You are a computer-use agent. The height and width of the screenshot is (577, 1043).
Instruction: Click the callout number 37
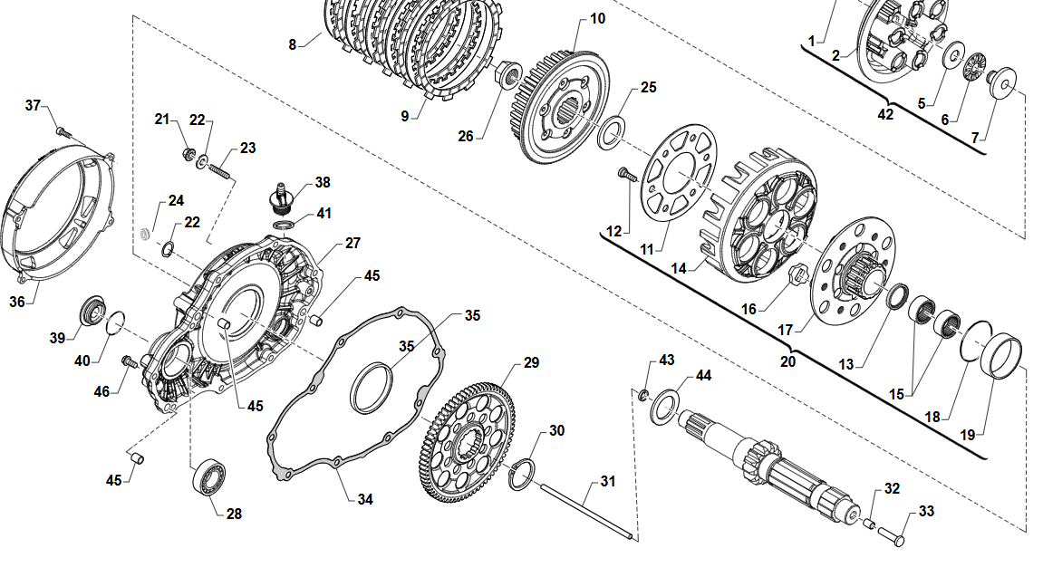coord(34,106)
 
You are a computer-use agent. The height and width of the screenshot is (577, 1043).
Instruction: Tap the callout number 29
coord(530,362)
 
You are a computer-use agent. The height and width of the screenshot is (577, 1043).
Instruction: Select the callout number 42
coord(885,114)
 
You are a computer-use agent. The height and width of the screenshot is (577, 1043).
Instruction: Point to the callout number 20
coord(787,361)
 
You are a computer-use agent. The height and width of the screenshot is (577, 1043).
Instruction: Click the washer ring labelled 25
coord(613,130)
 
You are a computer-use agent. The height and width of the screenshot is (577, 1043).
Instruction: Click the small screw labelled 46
coord(129,361)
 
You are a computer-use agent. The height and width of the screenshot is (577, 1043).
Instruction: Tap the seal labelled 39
coord(92,309)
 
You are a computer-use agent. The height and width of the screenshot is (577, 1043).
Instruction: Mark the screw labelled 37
coord(63,132)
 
